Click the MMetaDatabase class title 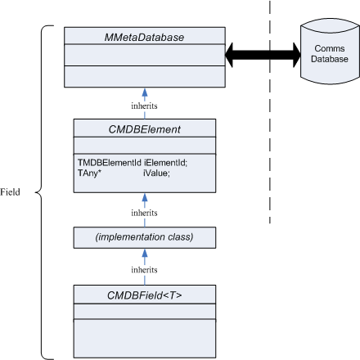144,38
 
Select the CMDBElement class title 144,129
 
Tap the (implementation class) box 145,237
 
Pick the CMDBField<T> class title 144,295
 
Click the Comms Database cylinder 330,52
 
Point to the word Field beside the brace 10,192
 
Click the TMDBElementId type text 110,163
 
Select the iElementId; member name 165,163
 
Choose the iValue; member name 156,173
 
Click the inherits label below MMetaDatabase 144,106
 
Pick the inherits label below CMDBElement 144,213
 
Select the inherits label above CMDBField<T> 144,270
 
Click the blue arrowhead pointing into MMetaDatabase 145,92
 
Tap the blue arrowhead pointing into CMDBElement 145,198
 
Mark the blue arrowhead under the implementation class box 145,253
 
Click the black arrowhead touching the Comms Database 296,55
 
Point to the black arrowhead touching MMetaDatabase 229,55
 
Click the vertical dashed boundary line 270,112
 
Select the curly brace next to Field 41,192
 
